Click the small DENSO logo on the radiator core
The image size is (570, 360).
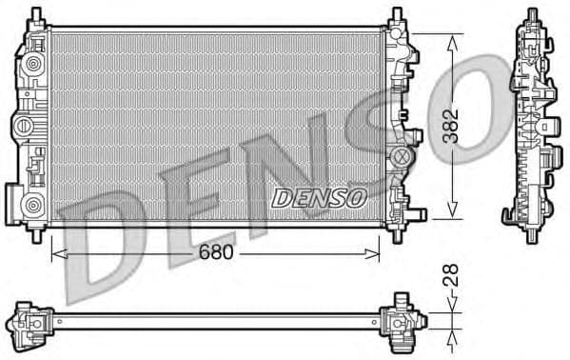[x=319, y=197]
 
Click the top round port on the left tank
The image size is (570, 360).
[x=33, y=66]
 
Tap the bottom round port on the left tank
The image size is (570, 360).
[x=33, y=204]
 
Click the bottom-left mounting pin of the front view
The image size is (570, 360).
[x=39, y=231]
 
